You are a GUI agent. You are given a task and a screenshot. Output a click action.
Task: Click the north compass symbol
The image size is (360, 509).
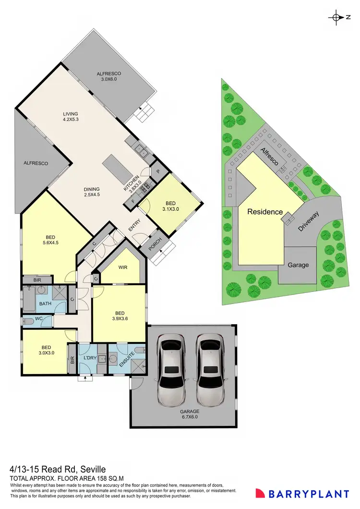[336, 17]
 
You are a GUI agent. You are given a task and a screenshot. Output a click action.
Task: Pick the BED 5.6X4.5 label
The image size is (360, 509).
[50, 240]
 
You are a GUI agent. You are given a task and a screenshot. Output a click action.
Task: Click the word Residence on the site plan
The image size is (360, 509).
[264, 211]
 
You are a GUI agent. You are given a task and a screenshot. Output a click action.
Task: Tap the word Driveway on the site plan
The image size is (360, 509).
[309, 221]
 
